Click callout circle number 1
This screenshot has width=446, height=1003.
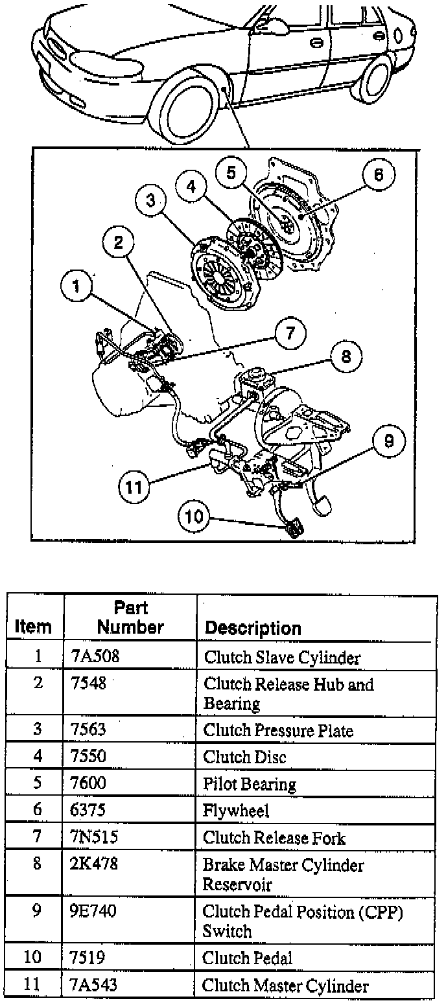(x=77, y=286)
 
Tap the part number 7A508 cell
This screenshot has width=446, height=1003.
(x=95, y=657)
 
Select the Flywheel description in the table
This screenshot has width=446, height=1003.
(x=236, y=811)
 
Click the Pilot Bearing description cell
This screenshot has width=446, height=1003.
(x=250, y=784)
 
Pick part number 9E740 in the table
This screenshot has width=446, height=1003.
(x=95, y=912)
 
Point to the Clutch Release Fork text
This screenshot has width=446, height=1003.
(x=274, y=838)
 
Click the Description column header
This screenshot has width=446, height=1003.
(x=253, y=628)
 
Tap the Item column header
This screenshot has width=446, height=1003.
(x=33, y=627)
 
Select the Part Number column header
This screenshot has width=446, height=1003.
(x=130, y=617)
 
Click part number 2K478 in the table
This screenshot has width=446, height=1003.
(x=94, y=864)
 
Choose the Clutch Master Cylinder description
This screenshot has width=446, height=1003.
(x=285, y=986)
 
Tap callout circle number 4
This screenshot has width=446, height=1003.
(x=191, y=187)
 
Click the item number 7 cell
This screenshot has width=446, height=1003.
(x=38, y=837)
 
